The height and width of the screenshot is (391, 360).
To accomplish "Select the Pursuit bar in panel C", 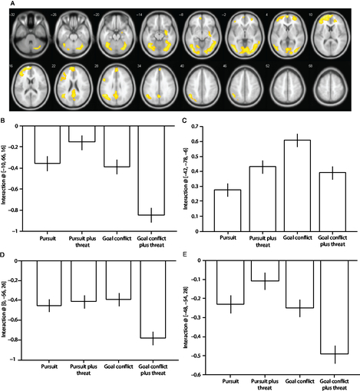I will [227, 210].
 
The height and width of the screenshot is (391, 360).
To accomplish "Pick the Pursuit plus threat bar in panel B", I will [81, 134].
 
